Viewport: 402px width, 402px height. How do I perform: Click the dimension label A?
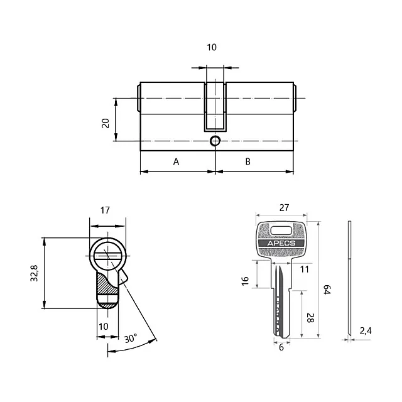pyautogui.click(x=177, y=162)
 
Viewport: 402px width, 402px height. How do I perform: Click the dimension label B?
pyautogui.click(x=248, y=162)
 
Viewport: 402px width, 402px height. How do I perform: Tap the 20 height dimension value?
pyautogui.click(x=106, y=122)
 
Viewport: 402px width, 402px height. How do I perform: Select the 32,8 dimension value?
pyautogui.click(x=35, y=274)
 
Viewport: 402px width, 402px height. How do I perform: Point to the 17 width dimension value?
pyautogui.click(x=106, y=210)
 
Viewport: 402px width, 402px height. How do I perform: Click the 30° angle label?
pyautogui.click(x=131, y=339)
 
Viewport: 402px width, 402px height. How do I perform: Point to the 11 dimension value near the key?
pyautogui.click(x=305, y=269)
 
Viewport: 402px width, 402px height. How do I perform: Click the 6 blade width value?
pyautogui.click(x=281, y=347)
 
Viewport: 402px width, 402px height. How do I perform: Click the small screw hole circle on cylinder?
pyautogui.click(x=215, y=141)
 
